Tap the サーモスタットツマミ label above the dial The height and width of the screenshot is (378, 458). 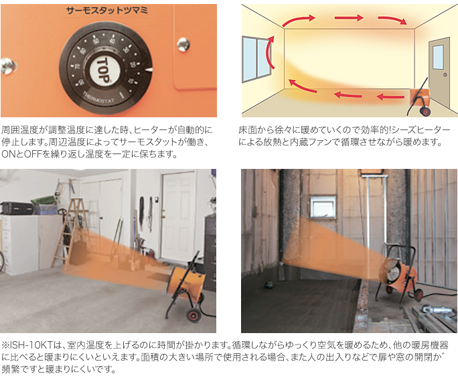(106, 11)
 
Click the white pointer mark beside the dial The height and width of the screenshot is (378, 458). (149, 70)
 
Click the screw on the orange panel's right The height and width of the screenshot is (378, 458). (183, 44)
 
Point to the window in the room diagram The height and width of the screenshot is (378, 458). (256, 59)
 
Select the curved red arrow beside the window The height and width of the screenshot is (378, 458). (271, 52)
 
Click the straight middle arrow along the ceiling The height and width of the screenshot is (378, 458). (349, 18)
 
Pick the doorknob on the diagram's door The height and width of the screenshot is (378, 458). (445, 75)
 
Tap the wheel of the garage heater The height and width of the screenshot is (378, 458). (193, 315)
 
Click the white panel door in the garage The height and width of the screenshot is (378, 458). (179, 216)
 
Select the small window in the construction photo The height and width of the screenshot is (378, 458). (323, 206)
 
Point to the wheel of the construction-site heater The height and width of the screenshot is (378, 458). (418, 295)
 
